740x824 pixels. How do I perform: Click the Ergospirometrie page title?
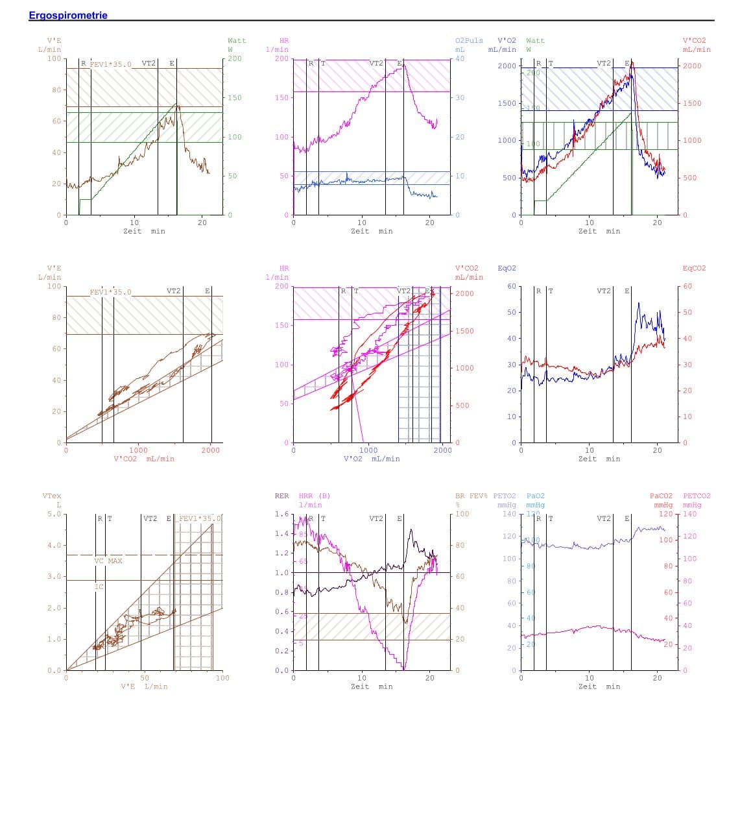click(x=68, y=15)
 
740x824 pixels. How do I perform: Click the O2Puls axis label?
click(x=469, y=40)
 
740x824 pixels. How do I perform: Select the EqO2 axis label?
click(x=507, y=268)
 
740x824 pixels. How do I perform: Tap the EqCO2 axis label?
click(x=694, y=268)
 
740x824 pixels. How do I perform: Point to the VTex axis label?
click(x=52, y=496)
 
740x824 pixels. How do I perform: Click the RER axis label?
click(x=281, y=496)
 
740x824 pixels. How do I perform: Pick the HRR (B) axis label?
click(x=315, y=496)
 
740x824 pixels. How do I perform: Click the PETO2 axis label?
click(x=505, y=496)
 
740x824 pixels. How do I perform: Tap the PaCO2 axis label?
click(x=661, y=496)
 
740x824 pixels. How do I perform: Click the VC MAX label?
click(x=108, y=561)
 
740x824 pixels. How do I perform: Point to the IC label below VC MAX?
click(x=99, y=587)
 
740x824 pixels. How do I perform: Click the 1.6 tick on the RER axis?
click(x=281, y=514)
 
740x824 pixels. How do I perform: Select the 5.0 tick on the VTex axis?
click(x=54, y=514)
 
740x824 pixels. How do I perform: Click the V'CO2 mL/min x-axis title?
click(x=144, y=459)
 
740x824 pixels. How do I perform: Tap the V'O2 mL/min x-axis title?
click(x=372, y=459)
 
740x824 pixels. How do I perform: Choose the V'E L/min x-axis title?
click(x=144, y=686)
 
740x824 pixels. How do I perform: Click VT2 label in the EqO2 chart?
click(x=603, y=291)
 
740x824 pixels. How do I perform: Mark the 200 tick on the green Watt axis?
click(x=235, y=58)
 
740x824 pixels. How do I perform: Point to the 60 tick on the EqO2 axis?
click(x=511, y=286)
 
